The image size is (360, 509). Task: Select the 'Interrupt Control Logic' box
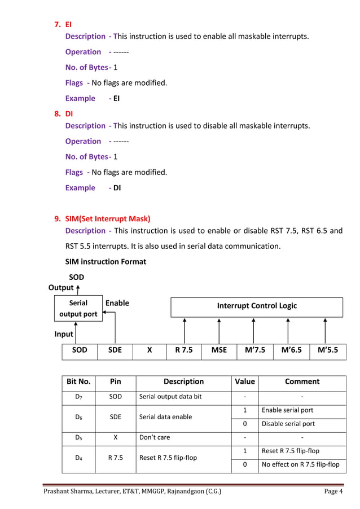(257, 306)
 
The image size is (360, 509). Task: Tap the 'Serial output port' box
(79, 309)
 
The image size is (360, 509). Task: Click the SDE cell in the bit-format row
(115, 350)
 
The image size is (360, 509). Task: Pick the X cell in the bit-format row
(150, 350)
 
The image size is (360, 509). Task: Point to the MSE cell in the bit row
(219, 350)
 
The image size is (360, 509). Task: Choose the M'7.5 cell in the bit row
(254, 350)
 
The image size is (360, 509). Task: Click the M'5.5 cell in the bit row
(328, 350)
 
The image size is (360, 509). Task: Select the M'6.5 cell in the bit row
(291, 350)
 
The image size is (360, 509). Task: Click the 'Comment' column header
(302, 382)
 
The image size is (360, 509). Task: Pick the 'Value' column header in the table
(244, 382)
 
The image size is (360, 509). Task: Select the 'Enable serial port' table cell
(286, 410)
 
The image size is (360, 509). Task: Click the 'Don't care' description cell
(155, 437)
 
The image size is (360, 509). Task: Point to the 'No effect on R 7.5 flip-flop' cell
(301, 465)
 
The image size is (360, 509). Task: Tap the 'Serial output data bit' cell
(170, 397)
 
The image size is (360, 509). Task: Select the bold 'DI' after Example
(117, 188)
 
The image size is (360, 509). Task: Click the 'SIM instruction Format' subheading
(106, 262)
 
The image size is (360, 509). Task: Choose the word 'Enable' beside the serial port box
(117, 304)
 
